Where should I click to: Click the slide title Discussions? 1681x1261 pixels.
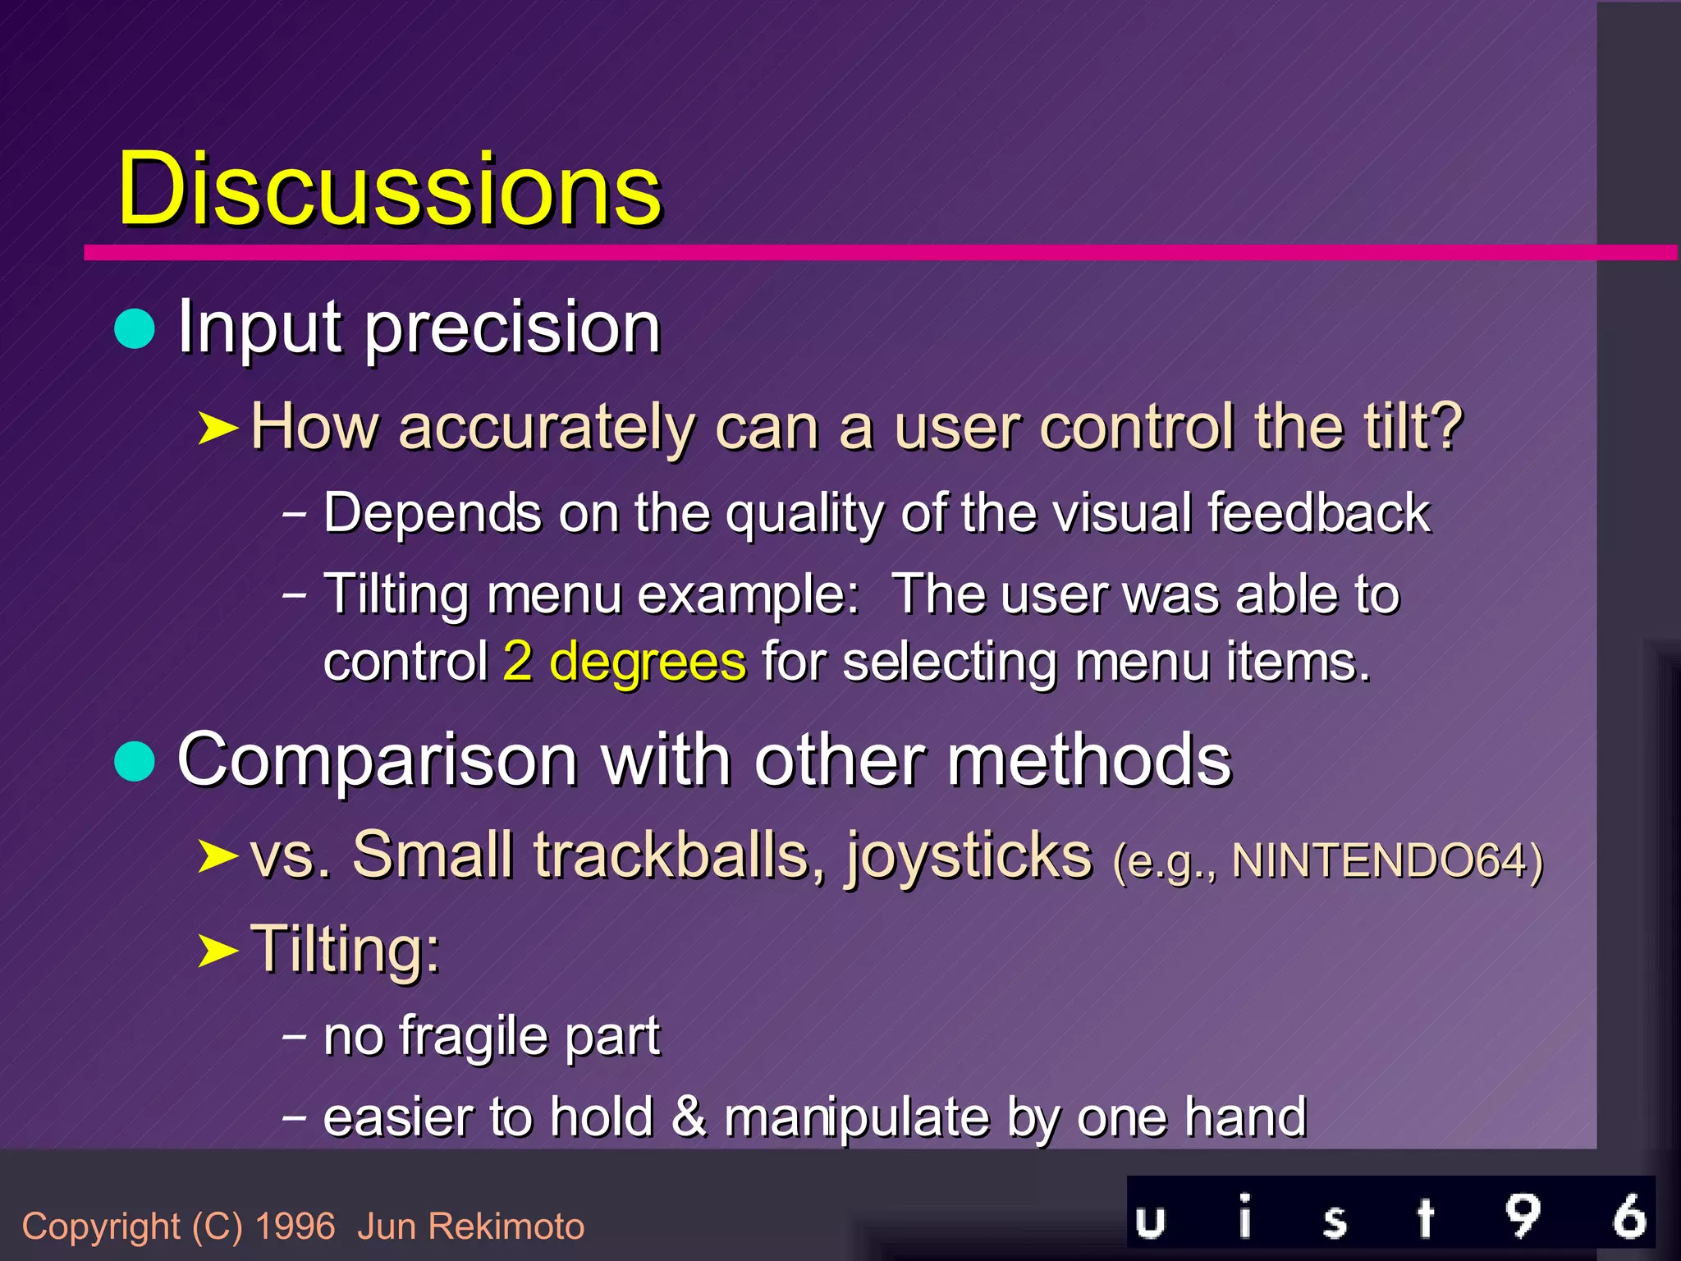click(x=389, y=190)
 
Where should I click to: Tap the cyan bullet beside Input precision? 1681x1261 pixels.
click(x=135, y=329)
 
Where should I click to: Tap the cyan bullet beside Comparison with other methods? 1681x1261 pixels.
click(x=135, y=761)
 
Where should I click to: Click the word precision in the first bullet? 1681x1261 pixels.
click(x=512, y=329)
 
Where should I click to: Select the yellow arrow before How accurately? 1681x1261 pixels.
click(x=218, y=428)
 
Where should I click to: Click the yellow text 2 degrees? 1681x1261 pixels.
click(x=624, y=662)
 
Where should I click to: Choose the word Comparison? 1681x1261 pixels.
click(x=378, y=761)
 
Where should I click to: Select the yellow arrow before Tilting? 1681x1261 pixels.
click(x=218, y=951)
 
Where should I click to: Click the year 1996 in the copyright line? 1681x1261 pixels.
click(x=295, y=1227)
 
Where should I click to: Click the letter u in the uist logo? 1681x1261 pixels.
click(x=1150, y=1221)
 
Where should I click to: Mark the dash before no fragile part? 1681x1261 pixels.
click(x=294, y=1036)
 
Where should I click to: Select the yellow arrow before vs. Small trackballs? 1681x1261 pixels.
click(x=218, y=856)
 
